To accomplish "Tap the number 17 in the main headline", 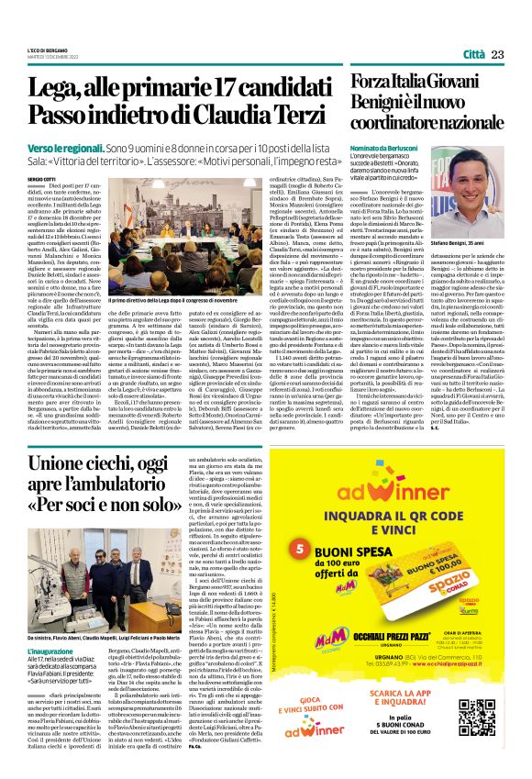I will tap(217, 88).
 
